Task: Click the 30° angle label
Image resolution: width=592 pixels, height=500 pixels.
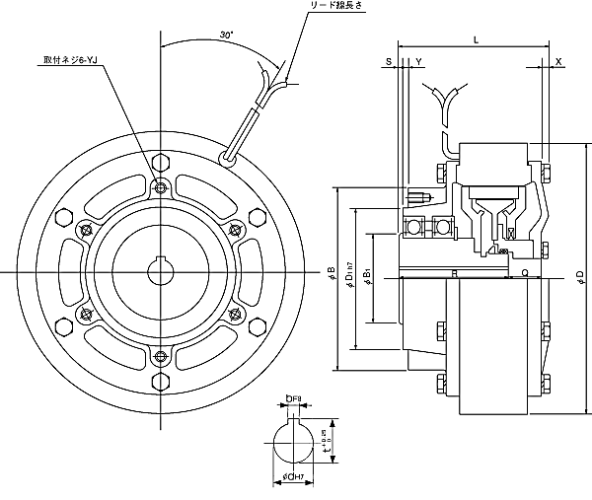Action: coord(226,36)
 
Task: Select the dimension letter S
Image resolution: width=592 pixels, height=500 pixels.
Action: coord(390,62)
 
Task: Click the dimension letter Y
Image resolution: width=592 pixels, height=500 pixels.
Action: coord(419,62)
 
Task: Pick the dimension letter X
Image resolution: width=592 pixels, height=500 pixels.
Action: coord(559,62)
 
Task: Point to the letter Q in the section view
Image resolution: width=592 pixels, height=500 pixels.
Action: coord(525,275)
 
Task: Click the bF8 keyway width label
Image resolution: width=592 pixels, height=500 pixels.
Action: coord(292,398)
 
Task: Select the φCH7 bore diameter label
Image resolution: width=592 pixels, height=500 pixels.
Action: coord(291,480)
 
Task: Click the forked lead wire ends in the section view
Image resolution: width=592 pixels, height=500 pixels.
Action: coord(441,96)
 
